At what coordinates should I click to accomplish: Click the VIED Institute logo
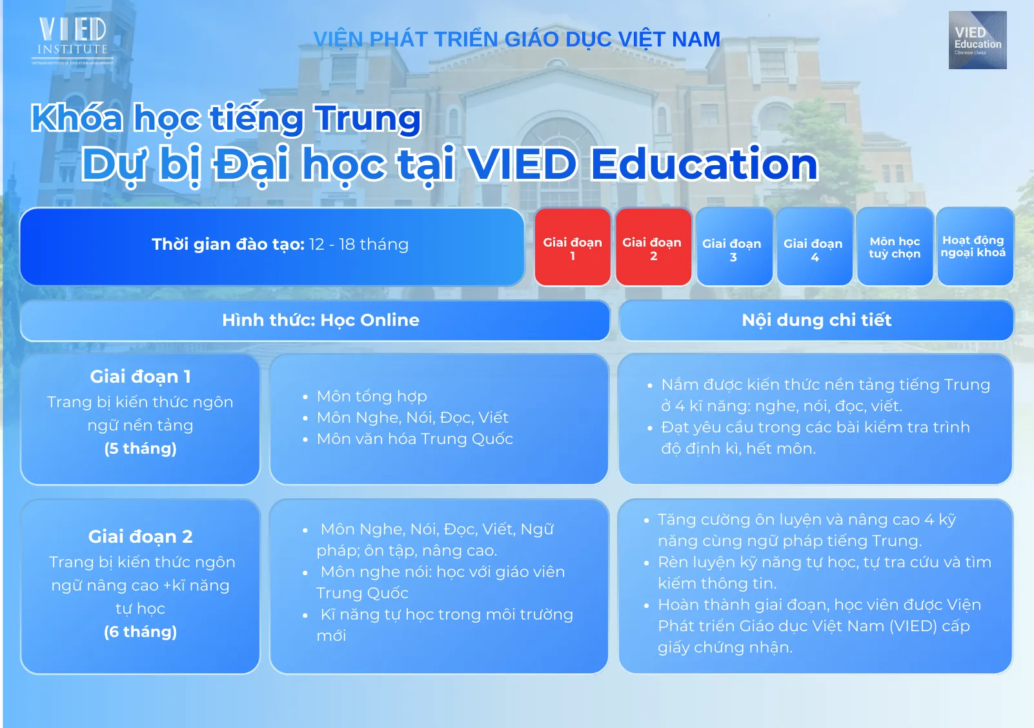72,41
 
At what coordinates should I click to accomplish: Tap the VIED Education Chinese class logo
977,40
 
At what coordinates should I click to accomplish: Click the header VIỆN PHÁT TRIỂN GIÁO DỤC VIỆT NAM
516,39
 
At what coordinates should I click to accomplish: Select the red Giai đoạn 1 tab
573,247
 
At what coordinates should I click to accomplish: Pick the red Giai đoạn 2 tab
653,247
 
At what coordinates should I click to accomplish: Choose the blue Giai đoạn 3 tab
733,247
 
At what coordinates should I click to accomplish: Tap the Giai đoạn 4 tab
814,247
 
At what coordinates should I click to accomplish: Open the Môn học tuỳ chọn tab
895,247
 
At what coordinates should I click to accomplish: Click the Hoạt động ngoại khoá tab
975,247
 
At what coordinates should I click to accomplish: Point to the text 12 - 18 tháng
359,244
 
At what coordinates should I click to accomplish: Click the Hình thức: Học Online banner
315,320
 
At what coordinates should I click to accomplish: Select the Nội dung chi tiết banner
816,320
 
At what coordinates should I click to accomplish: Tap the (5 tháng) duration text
140,449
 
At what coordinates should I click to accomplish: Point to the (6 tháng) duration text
140,632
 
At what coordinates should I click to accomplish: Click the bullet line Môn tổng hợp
372,396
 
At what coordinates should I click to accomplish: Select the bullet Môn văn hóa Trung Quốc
414,439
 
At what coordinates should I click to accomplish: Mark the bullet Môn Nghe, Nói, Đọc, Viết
412,418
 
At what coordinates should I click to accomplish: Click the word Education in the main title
704,164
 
